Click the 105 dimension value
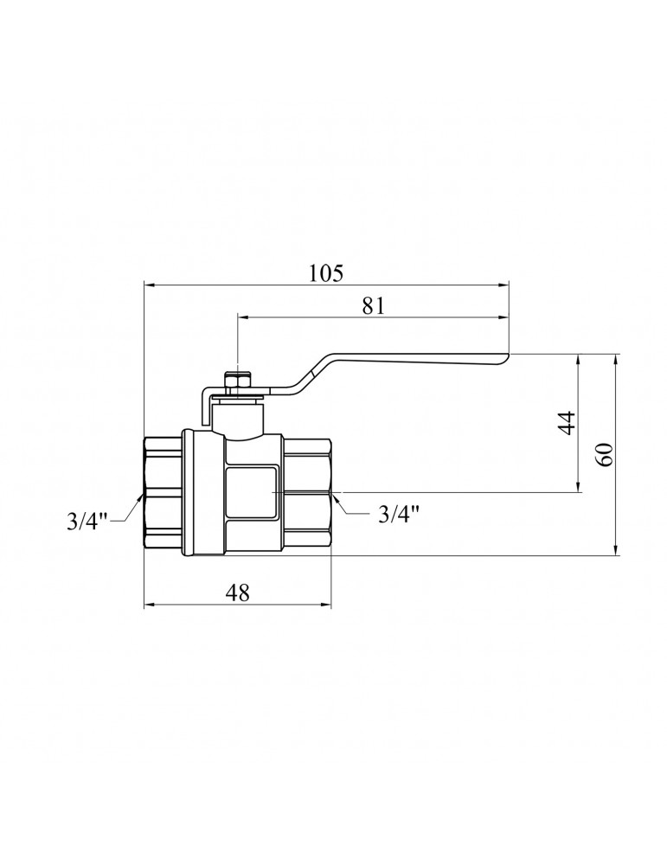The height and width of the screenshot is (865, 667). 325,272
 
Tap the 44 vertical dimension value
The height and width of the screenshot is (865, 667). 568,423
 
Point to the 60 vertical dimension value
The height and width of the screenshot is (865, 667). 606,454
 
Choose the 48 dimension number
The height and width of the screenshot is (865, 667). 238,593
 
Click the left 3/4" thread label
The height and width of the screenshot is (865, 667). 89,521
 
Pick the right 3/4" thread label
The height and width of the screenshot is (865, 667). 399,514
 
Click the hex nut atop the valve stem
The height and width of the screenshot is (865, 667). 237,381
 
